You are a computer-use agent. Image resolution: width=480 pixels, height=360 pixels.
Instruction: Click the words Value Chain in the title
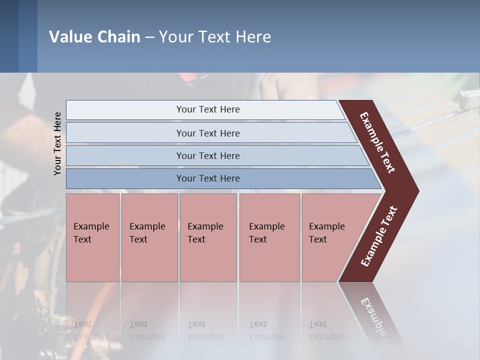tap(94, 37)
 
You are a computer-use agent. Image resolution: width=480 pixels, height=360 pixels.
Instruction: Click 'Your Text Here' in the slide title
tap(215, 37)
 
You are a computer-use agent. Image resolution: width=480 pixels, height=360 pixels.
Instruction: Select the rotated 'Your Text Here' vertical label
tap(57, 143)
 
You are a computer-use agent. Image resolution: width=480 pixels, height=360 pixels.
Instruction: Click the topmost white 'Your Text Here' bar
tap(207, 109)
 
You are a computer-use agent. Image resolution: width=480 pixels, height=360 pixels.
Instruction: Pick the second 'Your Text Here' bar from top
tap(207, 133)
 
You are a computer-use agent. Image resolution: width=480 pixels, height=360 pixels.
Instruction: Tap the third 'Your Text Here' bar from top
tap(207, 155)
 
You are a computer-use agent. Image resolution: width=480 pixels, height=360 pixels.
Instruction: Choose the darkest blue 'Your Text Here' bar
tap(207, 178)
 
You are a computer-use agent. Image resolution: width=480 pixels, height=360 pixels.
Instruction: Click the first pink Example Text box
tap(92, 237)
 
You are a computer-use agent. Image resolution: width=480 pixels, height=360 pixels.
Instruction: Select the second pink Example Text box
tap(149, 237)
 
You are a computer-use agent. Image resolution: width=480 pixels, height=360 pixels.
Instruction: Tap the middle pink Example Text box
tap(208, 237)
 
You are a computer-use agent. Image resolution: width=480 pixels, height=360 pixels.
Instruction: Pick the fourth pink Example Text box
tap(269, 237)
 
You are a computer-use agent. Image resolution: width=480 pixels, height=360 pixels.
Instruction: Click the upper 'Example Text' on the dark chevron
tap(377, 142)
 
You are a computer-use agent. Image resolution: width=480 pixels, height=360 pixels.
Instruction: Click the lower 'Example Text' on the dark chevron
tap(379, 236)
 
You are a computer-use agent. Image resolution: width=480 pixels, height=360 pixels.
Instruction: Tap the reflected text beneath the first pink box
tap(91, 330)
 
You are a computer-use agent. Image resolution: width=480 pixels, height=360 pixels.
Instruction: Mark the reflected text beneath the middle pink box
tap(205, 330)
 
